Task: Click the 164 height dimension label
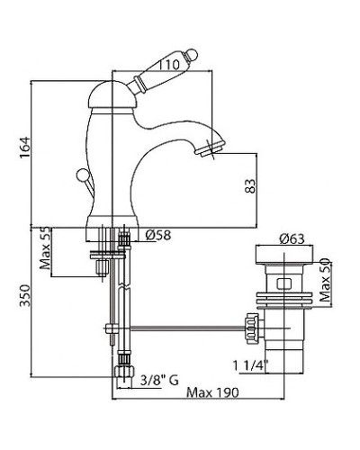click(25, 148)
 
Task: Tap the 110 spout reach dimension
click(168, 65)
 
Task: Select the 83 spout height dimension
click(250, 186)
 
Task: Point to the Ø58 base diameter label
click(158, 235)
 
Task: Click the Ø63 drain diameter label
click(292, 238)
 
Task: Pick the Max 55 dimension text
click(45, 248)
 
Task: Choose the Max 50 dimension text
click(325, 280)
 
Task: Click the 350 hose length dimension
click(25, 295)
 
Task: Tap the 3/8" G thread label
click(159, 381)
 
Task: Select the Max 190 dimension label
click(212, 392)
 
